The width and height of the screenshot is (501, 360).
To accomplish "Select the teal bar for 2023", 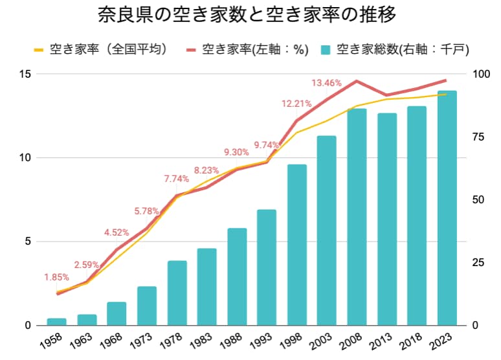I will (447, 208).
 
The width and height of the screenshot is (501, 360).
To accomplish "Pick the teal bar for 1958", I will (57, 322).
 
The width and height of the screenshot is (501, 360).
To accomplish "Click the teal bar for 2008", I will (357, 217).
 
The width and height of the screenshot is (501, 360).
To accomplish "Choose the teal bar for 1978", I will (177, 293).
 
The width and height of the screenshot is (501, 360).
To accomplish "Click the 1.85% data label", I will (56, 277).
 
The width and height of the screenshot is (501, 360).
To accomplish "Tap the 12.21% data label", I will (296, 103).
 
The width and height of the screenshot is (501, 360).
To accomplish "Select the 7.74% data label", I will (177, 179).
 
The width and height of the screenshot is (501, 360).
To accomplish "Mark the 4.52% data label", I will (117, 232).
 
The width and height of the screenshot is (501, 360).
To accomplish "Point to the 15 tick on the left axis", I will (25, 74).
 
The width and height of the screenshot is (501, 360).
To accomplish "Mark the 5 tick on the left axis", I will (28, 242).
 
